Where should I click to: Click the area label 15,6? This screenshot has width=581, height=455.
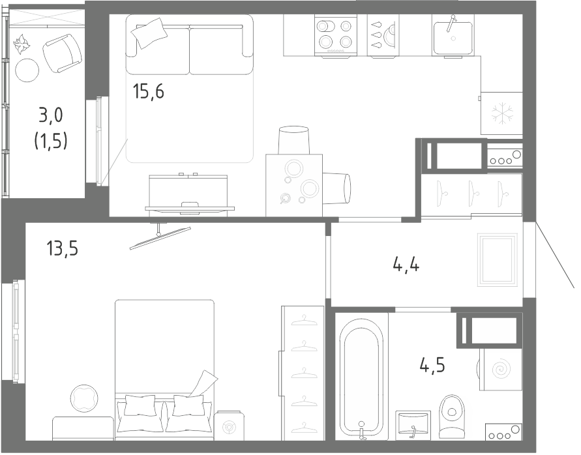149,91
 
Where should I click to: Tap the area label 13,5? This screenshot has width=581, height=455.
62,248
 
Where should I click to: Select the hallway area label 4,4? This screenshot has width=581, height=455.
406,265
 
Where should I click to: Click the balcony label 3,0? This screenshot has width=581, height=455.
51,115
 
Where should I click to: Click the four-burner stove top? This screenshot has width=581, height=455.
335,36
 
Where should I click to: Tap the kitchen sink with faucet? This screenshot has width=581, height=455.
453,36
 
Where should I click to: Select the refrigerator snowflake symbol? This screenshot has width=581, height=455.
503,113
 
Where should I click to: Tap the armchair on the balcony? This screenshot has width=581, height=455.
62,53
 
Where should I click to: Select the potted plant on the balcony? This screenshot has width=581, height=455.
23,45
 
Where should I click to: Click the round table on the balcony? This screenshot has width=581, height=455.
27,71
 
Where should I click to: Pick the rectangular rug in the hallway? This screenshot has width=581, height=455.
498,259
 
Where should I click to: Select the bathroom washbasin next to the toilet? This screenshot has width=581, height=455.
413,424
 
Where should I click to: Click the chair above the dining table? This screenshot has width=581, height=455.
293,140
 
